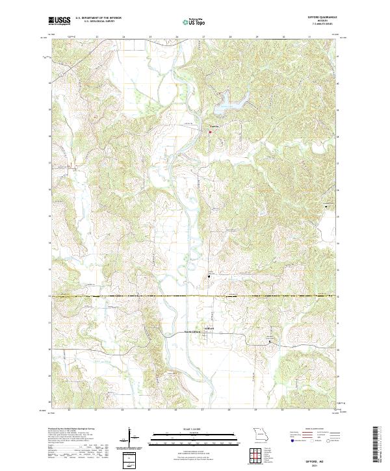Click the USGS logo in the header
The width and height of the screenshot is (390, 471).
[x=58, y=21]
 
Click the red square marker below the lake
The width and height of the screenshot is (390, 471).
[x=210, y=133]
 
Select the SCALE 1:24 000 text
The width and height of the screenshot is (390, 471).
[x=194, y=427]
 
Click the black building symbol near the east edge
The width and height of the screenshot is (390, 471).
[x=326, y=206]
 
